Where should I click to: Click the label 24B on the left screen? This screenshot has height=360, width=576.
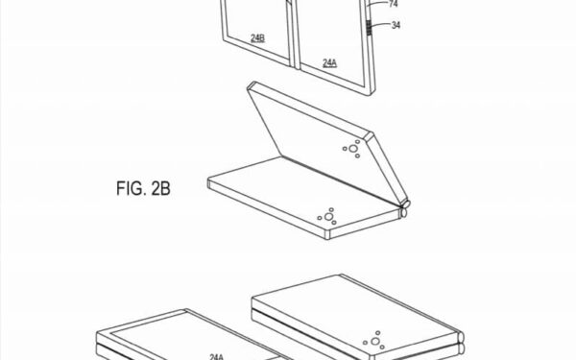[x=257, y=37]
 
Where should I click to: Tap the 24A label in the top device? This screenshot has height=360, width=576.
[x=329, y=63]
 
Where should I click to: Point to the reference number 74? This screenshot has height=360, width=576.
[x=393, y=4]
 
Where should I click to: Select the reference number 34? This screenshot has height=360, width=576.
[x=396, y=25]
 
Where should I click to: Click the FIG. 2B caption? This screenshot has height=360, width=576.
[x=143, y=188]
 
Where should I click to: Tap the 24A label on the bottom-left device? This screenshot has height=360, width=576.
[x=216, y=356]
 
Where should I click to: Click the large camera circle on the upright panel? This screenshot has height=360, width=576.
[x=353, y=149]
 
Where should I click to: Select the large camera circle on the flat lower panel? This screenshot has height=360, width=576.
[x=328, y=217]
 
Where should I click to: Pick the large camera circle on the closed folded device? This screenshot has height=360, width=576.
[x=375, y=341]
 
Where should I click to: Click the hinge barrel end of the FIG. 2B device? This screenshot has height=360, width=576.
[x=404, y=208]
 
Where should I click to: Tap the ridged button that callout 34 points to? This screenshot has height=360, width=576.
[x=369, y=28]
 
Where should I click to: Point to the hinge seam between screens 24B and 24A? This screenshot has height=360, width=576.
[x=294, y=35]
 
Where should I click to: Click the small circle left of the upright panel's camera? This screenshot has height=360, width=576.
[x=345, y=149]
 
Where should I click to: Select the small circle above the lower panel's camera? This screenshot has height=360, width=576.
[x=331, y=209]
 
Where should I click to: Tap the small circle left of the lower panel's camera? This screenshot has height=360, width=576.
[x=320, y=218]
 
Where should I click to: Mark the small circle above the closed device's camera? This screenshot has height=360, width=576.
[x=377, y=333]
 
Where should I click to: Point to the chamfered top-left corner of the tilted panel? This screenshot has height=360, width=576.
[x=251, y=86]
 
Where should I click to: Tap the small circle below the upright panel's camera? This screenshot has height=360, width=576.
[x=357, y=156]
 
